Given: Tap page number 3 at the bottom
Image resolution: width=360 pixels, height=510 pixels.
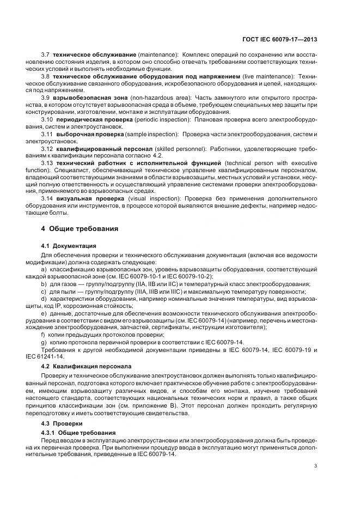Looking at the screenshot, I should tap(316, 465).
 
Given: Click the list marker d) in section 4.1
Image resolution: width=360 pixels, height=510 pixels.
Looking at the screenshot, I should tap(44, 299).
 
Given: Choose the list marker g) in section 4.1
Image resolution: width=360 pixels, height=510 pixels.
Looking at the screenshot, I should tap(44, 341).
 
